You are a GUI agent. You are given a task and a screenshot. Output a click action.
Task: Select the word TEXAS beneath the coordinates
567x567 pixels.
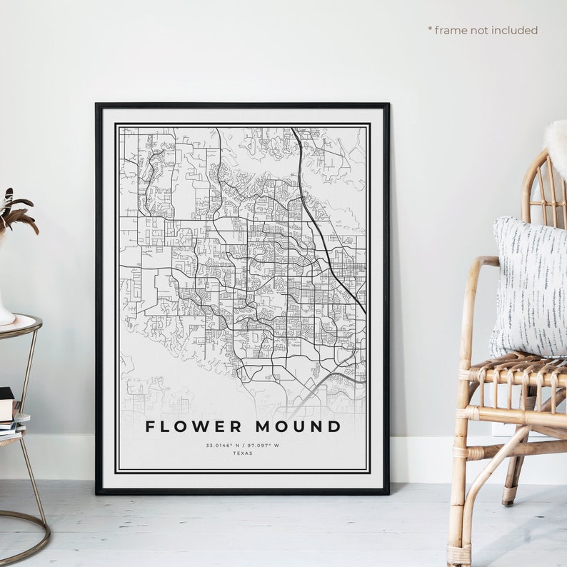coord(243,453)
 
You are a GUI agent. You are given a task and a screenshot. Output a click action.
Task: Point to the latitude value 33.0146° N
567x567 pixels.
coord(223,445)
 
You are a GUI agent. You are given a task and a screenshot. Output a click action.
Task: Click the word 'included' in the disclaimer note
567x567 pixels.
coord(515,30)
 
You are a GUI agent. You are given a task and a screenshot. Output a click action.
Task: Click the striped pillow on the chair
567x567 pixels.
coord(530,286)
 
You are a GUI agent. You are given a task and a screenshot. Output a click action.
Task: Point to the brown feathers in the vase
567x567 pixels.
coord(16,211)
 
